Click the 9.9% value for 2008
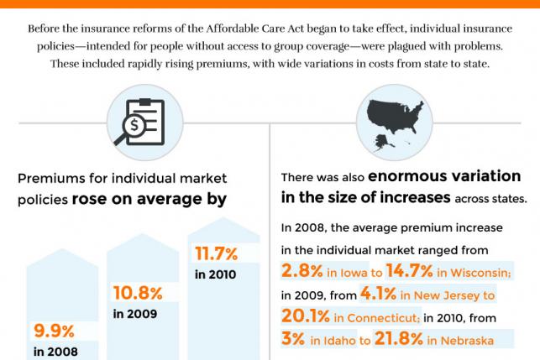pyautogui.click(x=53, y=331)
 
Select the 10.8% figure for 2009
pyautogui.click(x=138, y=293)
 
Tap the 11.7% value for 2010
pyautogui.click(x=216, y=253)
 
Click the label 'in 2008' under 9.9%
pyautogui.click(x=56, y=352)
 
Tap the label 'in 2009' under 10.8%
pyautogui.click(x=136, y=314)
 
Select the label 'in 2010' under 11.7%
pyautogui.click(x=216, y=274)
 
